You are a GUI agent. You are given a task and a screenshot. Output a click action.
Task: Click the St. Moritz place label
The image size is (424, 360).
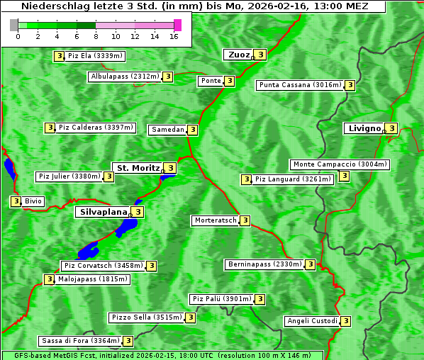[138, 168]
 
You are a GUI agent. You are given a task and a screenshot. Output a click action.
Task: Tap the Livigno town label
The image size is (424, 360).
[363, 128]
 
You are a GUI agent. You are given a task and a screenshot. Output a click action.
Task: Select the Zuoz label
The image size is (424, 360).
[239, 55]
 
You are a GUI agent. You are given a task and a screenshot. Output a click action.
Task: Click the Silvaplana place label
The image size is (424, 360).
[103, 211]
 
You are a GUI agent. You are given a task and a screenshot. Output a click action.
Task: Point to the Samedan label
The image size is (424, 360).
[167, 130]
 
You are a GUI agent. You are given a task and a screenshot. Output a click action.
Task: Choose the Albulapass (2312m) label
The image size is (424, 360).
[125, 77]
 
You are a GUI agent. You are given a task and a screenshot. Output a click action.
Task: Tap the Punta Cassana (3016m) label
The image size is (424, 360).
[300, 85]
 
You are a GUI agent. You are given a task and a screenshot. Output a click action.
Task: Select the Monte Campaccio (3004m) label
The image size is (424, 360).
[340, 164]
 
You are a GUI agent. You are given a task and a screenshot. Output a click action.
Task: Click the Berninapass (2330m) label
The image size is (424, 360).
[264, 264]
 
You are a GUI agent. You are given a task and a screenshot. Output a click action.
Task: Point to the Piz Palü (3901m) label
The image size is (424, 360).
[221, 299]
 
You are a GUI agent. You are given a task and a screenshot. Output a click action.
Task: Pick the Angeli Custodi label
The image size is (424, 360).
[311, 321]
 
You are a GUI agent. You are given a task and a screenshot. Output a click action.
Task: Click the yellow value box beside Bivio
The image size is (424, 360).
[16, 201]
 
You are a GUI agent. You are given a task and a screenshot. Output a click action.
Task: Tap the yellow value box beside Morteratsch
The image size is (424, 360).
[245, 220]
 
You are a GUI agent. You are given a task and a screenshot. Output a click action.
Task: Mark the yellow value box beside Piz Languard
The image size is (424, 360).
[246, 179]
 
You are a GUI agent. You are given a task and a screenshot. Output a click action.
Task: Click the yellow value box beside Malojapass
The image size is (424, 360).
[49, 279]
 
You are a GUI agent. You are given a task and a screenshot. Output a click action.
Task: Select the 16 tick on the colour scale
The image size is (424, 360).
[174, 36]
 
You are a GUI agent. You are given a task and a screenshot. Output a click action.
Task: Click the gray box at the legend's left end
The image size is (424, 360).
[14, 25]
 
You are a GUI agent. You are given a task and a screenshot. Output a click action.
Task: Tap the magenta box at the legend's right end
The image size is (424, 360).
[177, 25]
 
